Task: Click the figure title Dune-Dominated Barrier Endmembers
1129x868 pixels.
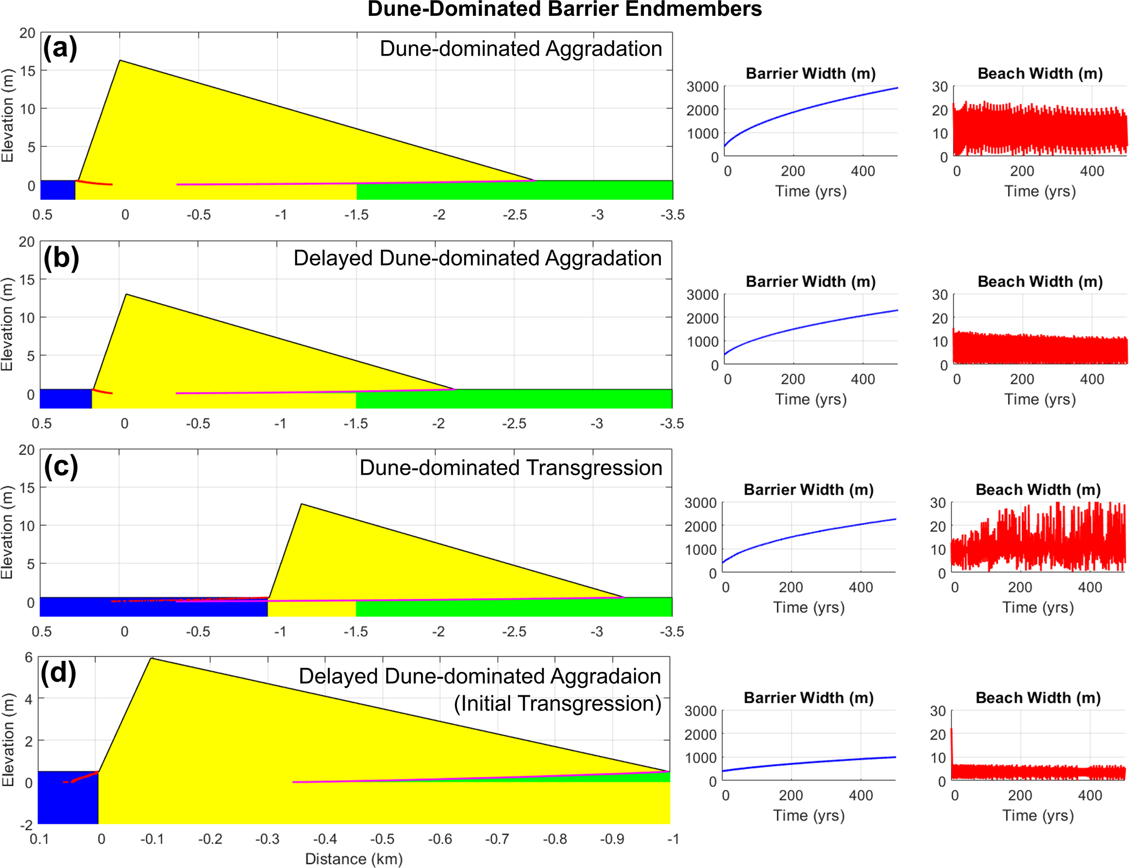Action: tap(564, 9)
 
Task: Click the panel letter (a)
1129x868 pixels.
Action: tap(60, 48)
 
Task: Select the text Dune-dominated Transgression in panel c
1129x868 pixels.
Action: tap(510, 468)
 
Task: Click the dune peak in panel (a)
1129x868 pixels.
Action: tap(120, 61)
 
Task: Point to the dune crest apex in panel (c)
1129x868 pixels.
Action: tap(302, 504)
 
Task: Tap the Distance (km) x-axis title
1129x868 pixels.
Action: tap(353, 859)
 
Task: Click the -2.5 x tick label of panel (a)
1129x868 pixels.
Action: tap(515, 215)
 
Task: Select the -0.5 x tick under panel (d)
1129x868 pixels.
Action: tap(382, 839)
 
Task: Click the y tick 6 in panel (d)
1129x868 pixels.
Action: tap(28, 657)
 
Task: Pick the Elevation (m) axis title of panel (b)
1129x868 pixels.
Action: tap(7, 324)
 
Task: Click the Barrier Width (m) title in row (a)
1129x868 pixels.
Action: tap(811, 73)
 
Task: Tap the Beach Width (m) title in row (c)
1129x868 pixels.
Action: tap(1038, 489)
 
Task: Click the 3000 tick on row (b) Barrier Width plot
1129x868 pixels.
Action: tap(702, 295)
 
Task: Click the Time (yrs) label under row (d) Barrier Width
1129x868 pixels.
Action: tap(808, 816)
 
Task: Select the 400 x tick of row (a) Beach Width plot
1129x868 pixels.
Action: tap(1092, 171)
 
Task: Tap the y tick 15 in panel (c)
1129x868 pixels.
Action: tap(26, 488)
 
